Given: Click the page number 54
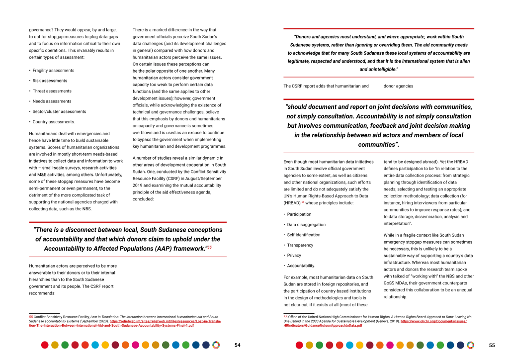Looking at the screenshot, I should (x=238, y=345).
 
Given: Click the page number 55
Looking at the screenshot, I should (x=492, y=345).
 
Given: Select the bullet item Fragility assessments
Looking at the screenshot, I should (x=53, y=71).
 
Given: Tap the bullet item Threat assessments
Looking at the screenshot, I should (x=52, y=91).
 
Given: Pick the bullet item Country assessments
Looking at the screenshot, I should (x=54, y=122).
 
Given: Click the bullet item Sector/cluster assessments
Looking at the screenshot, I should (x=59, y=111).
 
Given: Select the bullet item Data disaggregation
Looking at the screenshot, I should (x=306, y=225).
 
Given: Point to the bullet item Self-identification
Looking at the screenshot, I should (x=303, y=235).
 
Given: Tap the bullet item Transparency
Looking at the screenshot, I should (x=300, y=245).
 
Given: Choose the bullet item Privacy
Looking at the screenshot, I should (x=294, y=255).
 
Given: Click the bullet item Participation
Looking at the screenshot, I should (x=299, y=214).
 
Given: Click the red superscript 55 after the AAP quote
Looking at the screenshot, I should (x=209, y=247).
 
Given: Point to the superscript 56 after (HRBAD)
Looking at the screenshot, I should (x=303, y=202).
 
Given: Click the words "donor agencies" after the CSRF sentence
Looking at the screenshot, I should (x=398, y=86).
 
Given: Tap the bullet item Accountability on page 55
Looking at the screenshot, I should (x=301, y=266).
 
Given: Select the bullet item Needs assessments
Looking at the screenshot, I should (x=52, y=101).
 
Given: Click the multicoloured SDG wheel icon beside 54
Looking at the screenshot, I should (x=215, y=345).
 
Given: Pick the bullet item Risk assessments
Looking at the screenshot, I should (x=50, y=81).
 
